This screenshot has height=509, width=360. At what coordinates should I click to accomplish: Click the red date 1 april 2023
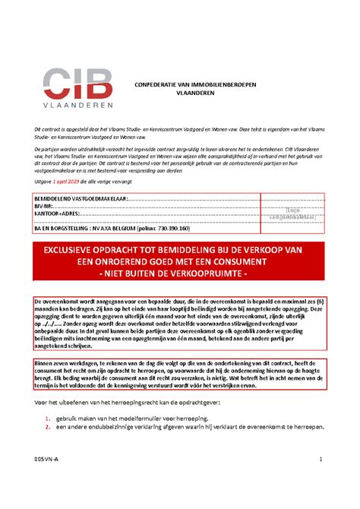pos(71,182)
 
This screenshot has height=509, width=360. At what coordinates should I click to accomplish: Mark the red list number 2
pos(46,428)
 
